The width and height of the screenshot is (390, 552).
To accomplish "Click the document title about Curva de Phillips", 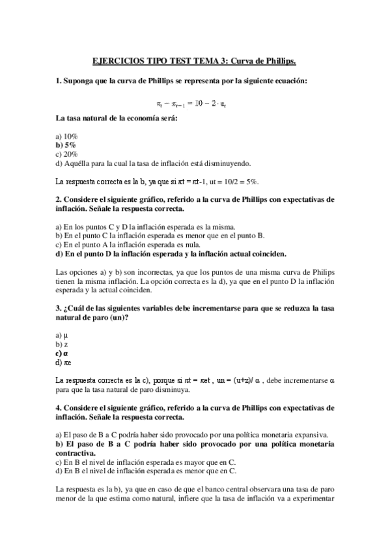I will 195,62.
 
